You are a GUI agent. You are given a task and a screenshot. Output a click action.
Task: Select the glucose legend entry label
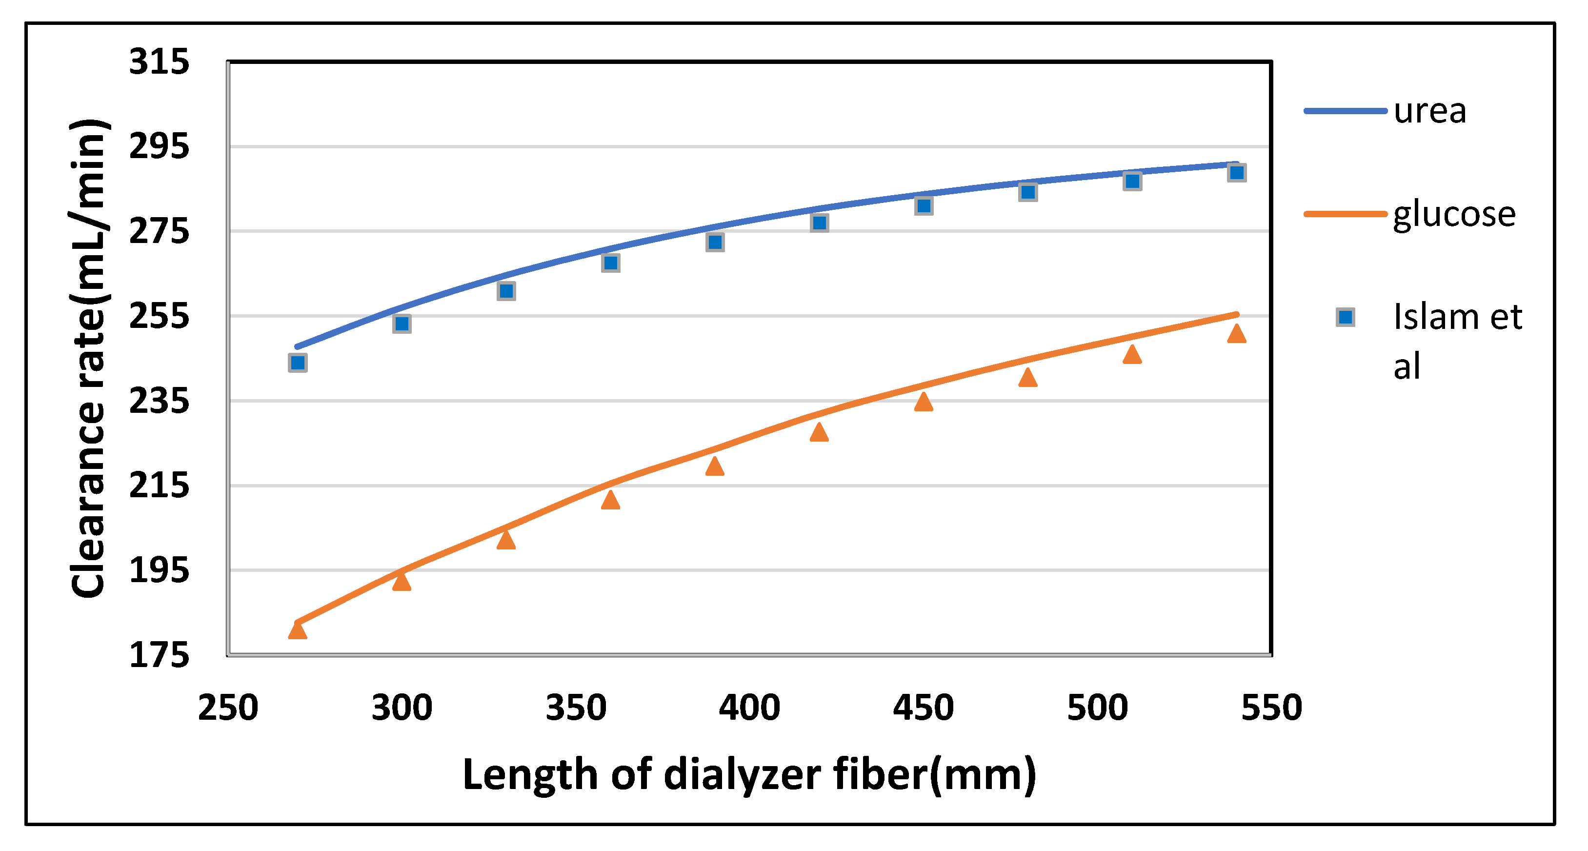(x=1454, y=215)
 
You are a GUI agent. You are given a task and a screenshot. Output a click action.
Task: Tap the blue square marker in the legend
(x=1345, y=318)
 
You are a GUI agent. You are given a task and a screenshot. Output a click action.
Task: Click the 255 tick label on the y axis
(x=159, y=316)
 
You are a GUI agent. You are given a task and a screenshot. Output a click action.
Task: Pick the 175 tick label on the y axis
(x=159, y=655)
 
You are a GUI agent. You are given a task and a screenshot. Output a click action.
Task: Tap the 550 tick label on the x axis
(x=1271, y=708)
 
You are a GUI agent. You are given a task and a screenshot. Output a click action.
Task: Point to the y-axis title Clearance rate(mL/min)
(x=89, y=358)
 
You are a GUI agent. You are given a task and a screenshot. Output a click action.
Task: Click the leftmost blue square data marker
(x=298, y=363)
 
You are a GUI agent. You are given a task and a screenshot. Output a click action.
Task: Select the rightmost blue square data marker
(x=1237, y=173)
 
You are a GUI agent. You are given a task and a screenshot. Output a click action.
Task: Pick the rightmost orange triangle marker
(x=1237, y=334)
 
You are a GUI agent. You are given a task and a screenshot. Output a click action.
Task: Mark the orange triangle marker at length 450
(x=924, y=403)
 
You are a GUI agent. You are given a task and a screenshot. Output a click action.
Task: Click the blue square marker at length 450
(x=924, y=205)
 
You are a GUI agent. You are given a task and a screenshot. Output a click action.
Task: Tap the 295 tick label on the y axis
(x=159, y=147)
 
